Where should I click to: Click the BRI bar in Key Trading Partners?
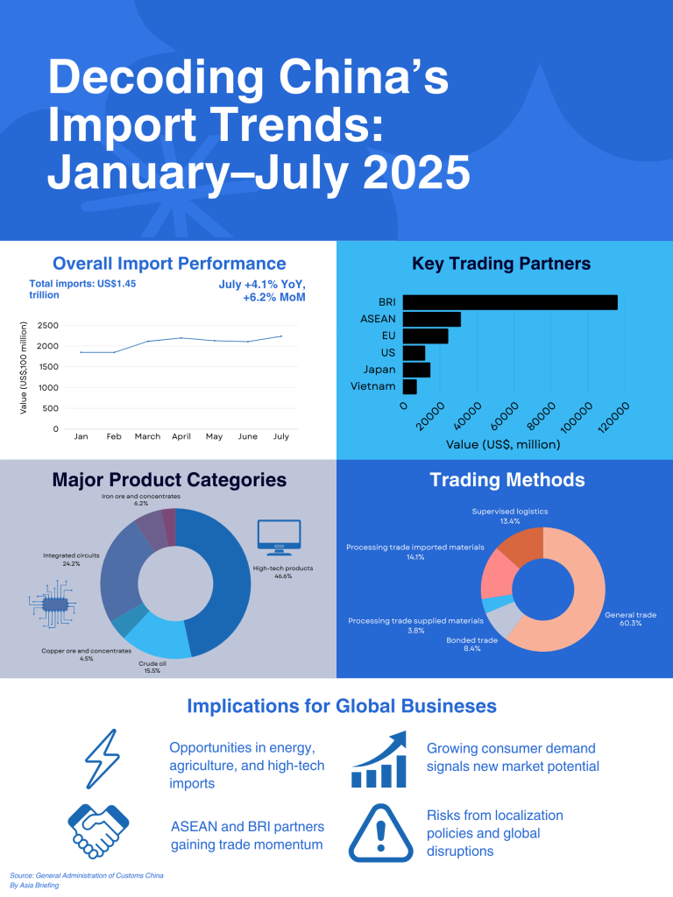click(x=510, y=302)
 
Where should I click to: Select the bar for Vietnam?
click(x=409, y=386)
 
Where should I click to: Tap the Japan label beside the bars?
click(x=379, y=370)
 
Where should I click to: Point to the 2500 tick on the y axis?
click(x=48, y=326)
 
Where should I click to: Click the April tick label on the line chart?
click(x=181, y=435)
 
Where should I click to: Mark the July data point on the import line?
click(x=281, y=336)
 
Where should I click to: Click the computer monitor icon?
click(x=278, y=536)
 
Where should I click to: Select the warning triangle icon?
click(x=380, y=832)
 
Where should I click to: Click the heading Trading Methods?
click(x=507, y=480)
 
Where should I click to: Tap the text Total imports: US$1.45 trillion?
click(x=82, y=289)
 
